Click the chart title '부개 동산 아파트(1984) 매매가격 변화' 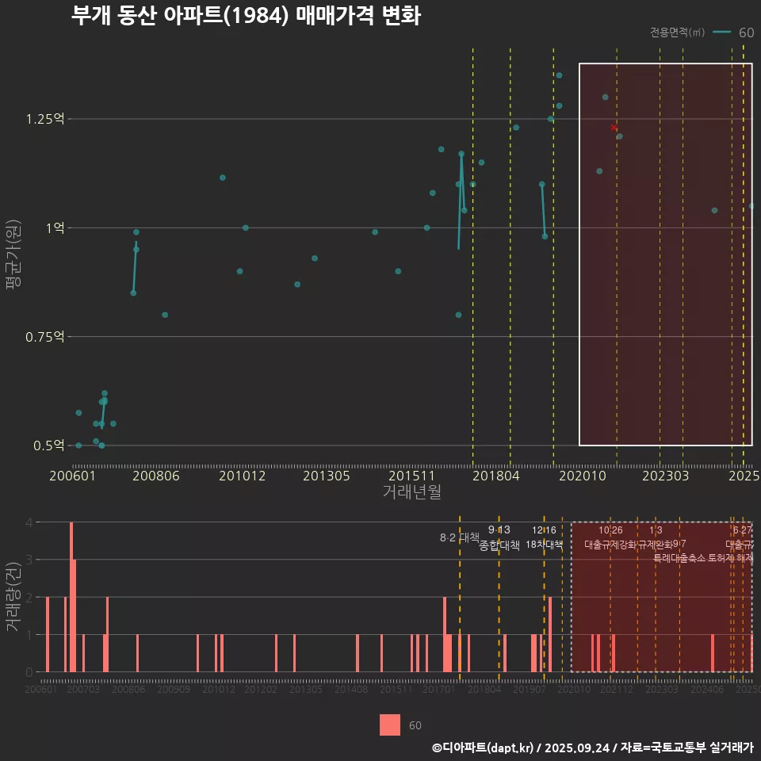[x=246, y=16]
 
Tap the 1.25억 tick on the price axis [x=44, y=119]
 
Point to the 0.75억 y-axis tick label [x=44, y=337]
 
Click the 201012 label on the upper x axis [x=242, y=476]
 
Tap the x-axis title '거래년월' [x=411, y=492]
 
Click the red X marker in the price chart [x=614, y=128]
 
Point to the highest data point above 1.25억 [x=559, y=75]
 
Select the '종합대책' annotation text [x=499, y=545]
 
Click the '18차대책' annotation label [x=544, y=545]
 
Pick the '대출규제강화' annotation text [x=610, y=545]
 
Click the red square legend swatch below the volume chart [x=390, y=725]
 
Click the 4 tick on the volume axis [x=29, y=522]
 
